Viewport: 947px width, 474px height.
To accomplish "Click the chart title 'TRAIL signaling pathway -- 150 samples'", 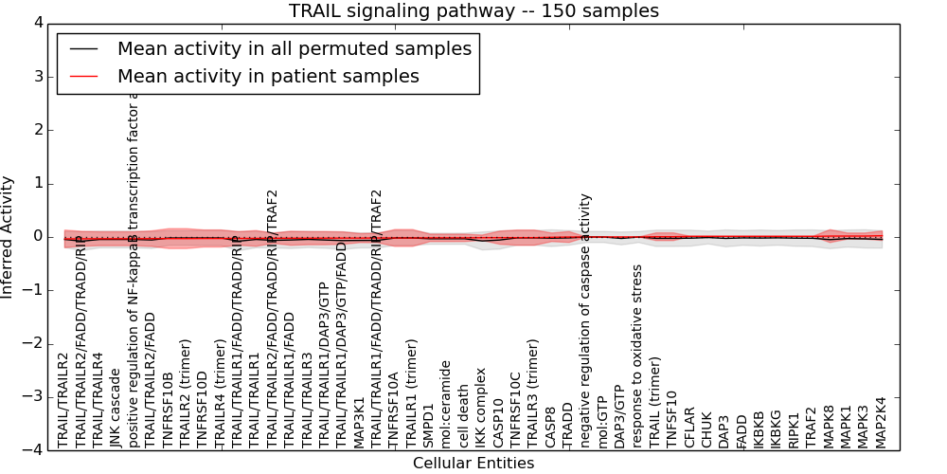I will (473, 10).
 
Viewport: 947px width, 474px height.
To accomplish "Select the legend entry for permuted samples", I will (294, 48).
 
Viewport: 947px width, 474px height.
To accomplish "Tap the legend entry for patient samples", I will (268, 76).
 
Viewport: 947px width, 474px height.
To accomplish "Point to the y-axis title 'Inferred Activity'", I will (9, 237).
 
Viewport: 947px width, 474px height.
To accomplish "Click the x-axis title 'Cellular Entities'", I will (473, 464).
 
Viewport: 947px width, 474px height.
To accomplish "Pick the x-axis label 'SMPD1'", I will (429, 426).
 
